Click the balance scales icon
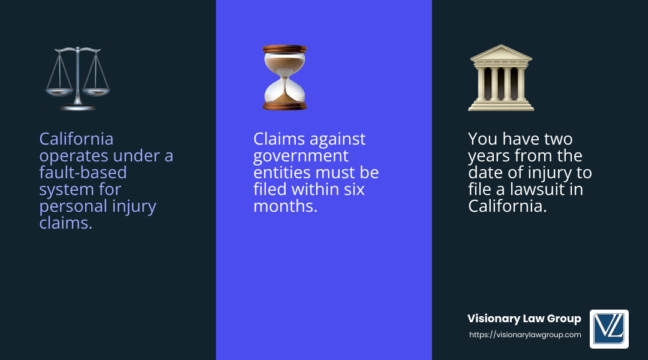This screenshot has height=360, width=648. pos(78,79)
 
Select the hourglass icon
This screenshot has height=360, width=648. pos(284,77)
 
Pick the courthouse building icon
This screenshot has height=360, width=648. pos(500,78)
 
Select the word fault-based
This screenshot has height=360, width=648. pos(83,173)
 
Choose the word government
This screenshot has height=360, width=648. pos(301,156)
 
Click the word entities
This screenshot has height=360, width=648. pos(280,173)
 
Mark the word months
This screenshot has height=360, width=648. pos(285,206)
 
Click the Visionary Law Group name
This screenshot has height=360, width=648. pos(524,319)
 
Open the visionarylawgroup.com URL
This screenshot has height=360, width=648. pos(525,335)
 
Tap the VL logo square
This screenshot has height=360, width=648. pos(609,329)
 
